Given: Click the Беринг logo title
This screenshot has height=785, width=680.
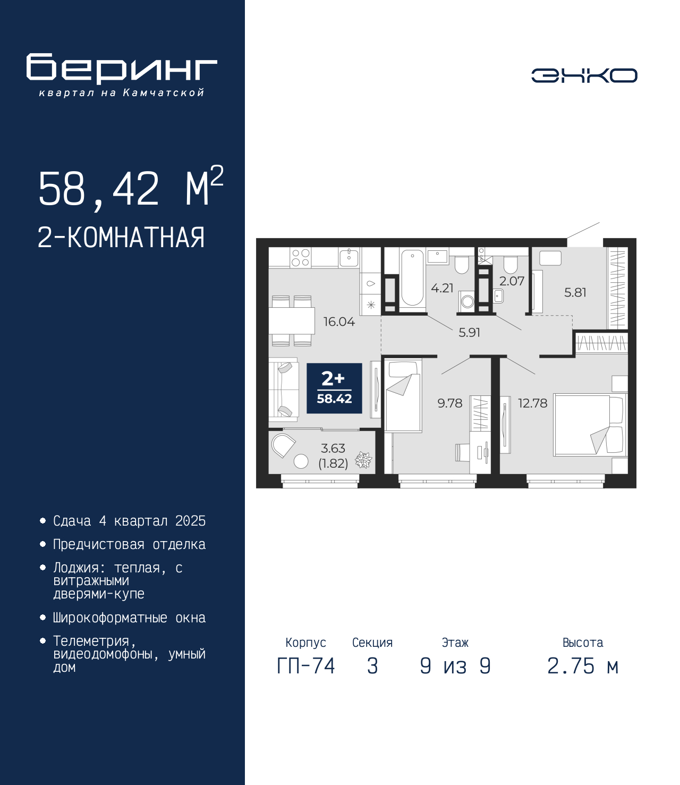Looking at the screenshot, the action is pyautogui.click(x=122, y=69).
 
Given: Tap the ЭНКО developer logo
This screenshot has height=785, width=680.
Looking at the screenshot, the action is pyautogui.click(x=584, y=75).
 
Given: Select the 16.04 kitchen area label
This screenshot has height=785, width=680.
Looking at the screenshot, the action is pyautogui.click(x=339, y=322).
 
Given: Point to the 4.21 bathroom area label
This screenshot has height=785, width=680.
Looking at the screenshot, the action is pyautogui.click(x=442, y=288).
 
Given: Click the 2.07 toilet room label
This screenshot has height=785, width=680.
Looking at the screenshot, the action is pyautogui.click(x=512, y=281).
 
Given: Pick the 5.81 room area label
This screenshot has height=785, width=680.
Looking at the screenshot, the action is pyautogui.click(x=575, y=292).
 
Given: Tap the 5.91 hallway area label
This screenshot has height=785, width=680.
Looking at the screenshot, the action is pyautogui.click(x=469, y=333).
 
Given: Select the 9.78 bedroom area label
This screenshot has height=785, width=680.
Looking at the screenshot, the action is pyautogui.click(x=450, y=403).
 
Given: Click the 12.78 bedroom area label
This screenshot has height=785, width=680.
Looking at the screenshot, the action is pyautogui.click(x=533, y=403).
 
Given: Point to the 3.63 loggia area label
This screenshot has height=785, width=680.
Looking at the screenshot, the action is pyautogui.click(x=333, y=448).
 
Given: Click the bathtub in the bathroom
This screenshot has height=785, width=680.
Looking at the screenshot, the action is pyautogui.click(x=412, y=278).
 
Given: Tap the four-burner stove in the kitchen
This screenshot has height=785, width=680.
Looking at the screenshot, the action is pyautogui.click(x=301, y=257).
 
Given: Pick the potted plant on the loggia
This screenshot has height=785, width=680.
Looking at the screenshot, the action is pyautogui.click(x=363, y=460).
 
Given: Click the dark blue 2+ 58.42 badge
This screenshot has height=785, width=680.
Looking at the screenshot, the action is pyautogui.click(x=334, y=388).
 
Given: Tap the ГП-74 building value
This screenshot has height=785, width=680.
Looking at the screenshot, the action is pyautogui.click(x=305, y=666).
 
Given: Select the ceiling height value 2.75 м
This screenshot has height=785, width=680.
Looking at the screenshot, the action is pyautogui.click(x=583, y=666).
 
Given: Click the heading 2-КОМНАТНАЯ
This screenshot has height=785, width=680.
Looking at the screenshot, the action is pyautogui.click(x=121, y=238).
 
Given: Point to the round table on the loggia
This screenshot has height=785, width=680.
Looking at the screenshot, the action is pyautogui.click(x=301, y=461).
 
